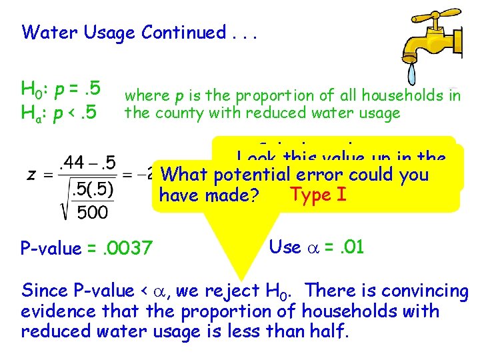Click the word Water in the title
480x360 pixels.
pyautogui.click(x=50, y=32)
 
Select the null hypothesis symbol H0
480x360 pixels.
pyautogui.click(x=31, y=89)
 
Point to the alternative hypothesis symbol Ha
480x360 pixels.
pyautogui.click(x=31, y=109)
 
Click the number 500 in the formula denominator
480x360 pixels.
pyautogui.click(x=91, y=213)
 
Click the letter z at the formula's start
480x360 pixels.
pyautogui.click(x=31, y=175)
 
